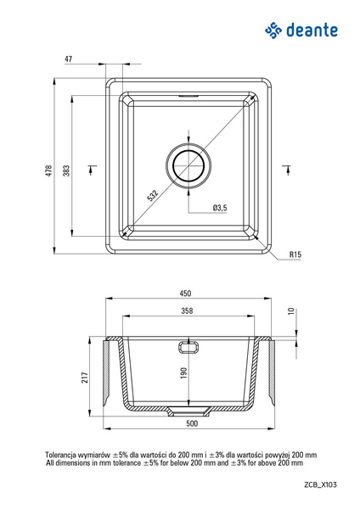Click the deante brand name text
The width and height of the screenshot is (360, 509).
[312, 31]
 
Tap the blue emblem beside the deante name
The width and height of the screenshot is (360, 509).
[273, 31]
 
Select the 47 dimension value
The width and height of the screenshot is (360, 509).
[68, 59]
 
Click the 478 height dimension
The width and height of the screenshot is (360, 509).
[48, 171]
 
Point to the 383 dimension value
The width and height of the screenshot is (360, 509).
[66, 171]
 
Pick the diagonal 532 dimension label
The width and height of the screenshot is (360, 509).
[152, 195]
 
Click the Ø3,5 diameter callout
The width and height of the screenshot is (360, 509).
[220, 208]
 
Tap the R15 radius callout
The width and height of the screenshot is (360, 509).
[295, 255]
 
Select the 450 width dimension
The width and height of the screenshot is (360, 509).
[186, 294]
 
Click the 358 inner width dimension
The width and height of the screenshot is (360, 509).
[187, 311]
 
